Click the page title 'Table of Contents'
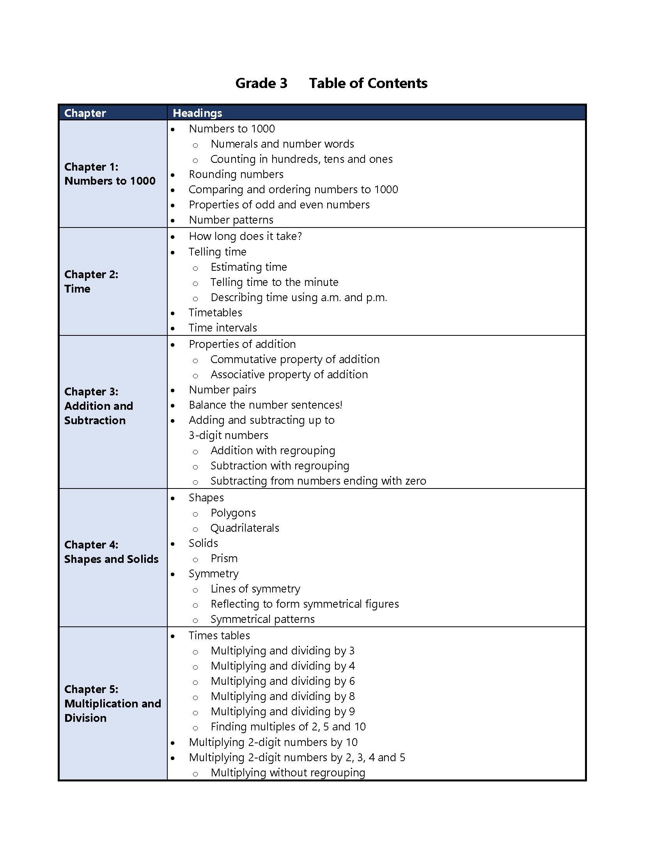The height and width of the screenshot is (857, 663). [368, 83]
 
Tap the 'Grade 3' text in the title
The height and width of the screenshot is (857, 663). [261, 83]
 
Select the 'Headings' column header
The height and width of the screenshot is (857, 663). [197, 113]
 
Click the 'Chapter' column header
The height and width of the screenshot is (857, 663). [85, 113]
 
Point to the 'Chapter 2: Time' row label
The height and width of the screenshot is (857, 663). [91, 281]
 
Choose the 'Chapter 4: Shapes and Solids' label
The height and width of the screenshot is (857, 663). [111, 552]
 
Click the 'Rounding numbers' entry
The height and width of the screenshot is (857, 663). [236, 174]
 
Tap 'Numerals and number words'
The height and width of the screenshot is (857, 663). [282, 144]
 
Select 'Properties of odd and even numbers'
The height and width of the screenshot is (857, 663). [279, 205]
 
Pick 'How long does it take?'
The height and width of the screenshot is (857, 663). [245, 236]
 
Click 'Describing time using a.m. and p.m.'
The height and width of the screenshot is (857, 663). [298, 298]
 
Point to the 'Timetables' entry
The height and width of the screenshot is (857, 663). [215, 313]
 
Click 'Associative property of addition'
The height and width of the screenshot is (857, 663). [289, 375]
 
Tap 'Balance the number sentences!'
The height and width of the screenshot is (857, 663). [266, 405]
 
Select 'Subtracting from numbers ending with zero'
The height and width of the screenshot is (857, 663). [318, 481]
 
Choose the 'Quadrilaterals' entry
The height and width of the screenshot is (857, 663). [245, 528]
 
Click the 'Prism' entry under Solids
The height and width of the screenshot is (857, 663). [224, 558]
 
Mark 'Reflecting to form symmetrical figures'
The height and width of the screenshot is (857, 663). [305, 604]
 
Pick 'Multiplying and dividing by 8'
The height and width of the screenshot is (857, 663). [282, 696]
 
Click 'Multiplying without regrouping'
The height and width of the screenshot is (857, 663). [287, 772]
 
